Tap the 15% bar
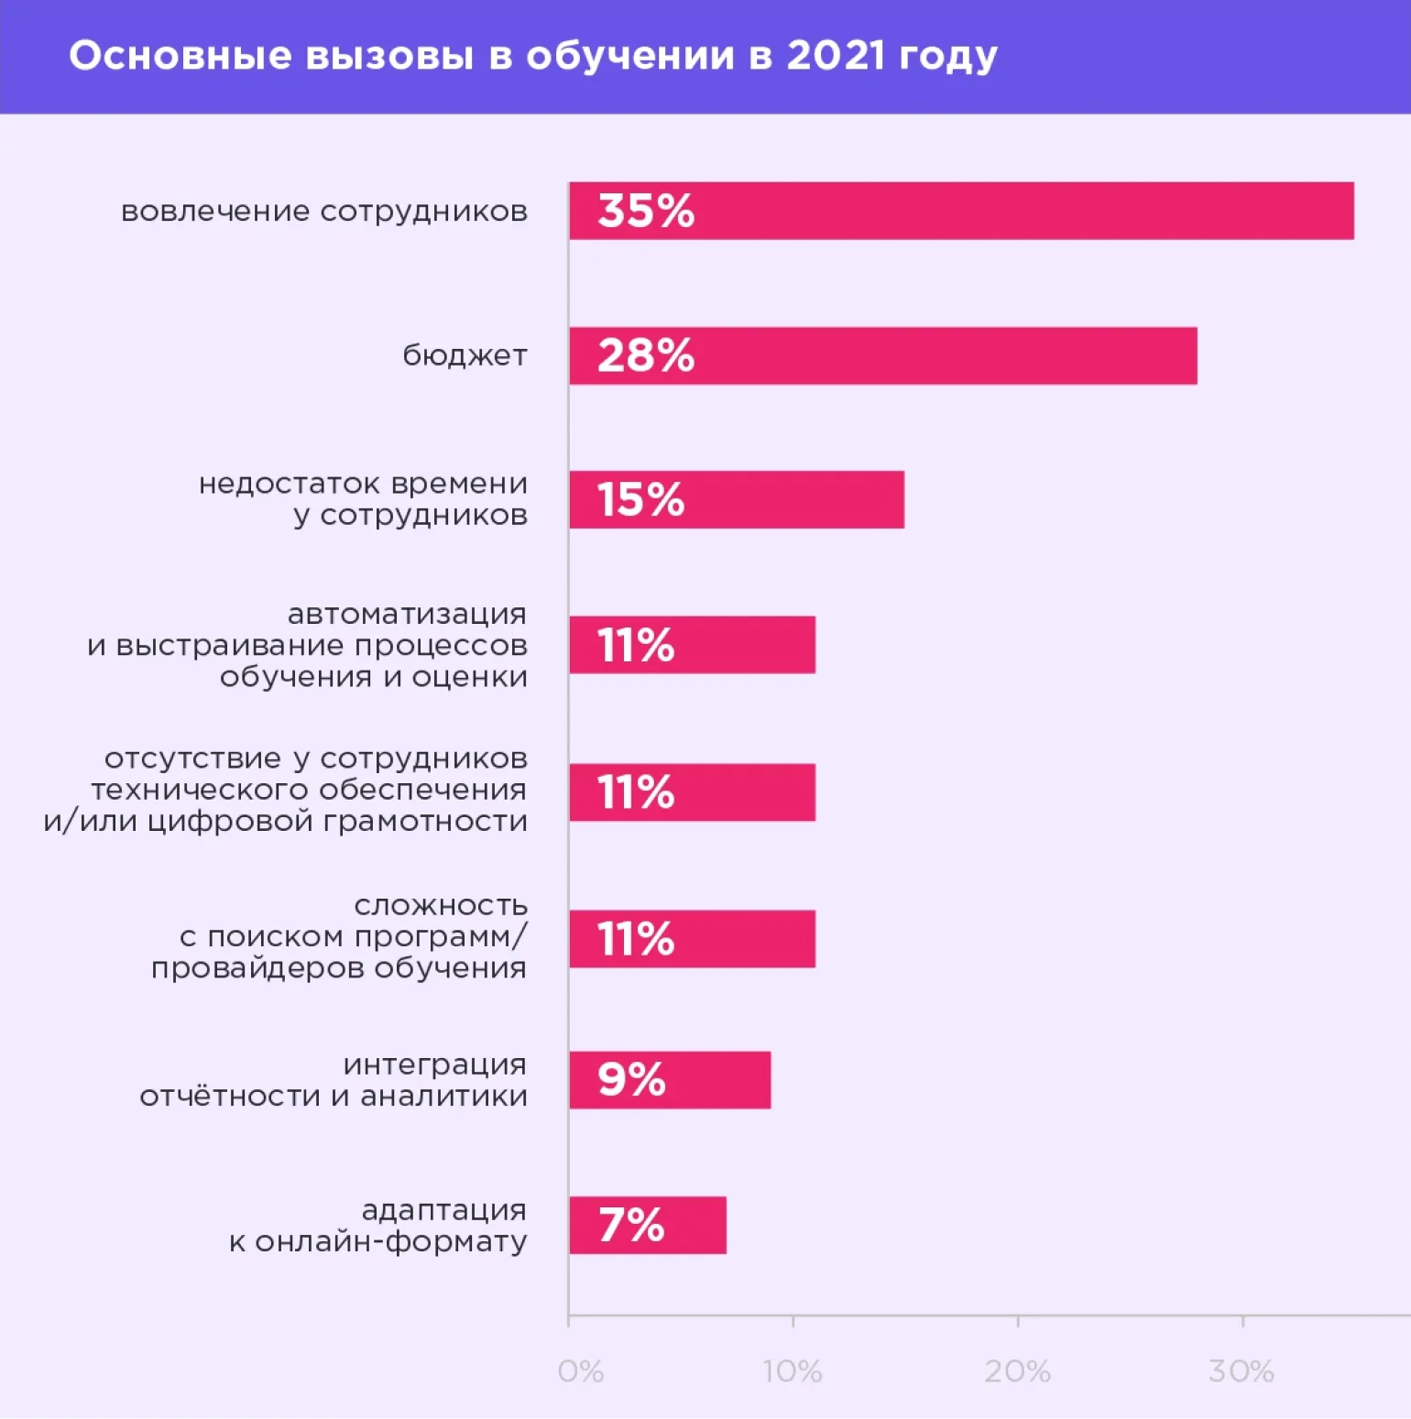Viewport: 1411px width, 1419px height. tap(737, 500)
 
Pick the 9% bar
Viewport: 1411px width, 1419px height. tap(670, 1080)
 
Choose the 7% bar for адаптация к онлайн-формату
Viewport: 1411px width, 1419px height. tap(648, 1225)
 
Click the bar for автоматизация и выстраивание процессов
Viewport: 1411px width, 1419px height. tap(692, 645)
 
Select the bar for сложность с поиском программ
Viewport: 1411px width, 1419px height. tap(692, 939)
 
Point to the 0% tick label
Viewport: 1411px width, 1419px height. tap(580, 1371)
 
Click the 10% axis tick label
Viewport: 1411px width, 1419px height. tap(793, 1371)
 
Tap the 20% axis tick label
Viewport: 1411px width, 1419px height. tap(1017, 1371)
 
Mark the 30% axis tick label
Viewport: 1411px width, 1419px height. tap(1241, 1371)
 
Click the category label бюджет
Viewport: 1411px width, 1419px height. tap(465, 355)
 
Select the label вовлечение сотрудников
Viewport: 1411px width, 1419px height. tap(324, 212)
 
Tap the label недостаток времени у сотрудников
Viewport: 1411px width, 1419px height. tap(363, 499)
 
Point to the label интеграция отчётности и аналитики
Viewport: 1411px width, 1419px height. tap(334, 1080)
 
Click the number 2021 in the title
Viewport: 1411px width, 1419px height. tap(836, 56)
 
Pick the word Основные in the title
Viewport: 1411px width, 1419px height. tap(180, 56)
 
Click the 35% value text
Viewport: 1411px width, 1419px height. tap(646, 211)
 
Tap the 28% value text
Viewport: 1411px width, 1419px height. tap(646, 355)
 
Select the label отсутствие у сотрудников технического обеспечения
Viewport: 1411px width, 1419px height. tap(286, 790)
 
